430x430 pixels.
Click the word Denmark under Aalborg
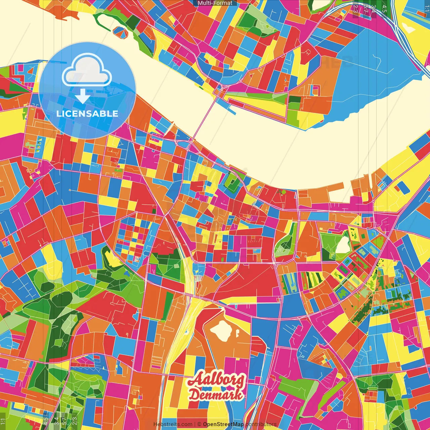coord(216,394)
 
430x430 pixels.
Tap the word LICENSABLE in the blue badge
coord(87,114)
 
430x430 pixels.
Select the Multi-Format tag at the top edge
coord(215,3)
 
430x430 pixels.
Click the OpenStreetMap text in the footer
coord(223,424)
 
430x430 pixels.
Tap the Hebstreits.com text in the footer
coord(173,424)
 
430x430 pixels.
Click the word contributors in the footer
coord(261,424)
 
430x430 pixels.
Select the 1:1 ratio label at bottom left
coord(3,421)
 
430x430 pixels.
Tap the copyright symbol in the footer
coord(199,424)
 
